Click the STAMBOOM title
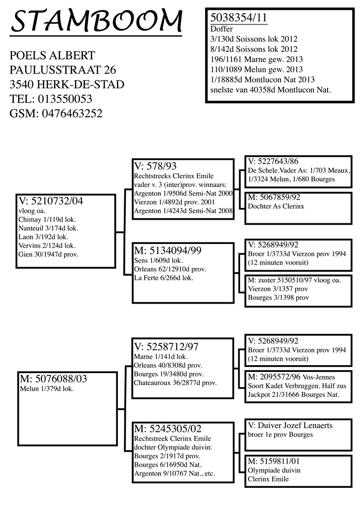coord(97,21)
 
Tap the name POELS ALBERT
coord(52,56)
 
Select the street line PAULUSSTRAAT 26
coord(63,70)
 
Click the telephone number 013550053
coord(65,99)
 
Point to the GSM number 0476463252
coord(72,113)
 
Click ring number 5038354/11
coord(239,18)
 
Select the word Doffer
coord(221,29)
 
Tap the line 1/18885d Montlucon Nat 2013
coord(262,79)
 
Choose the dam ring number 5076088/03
coord(61,378)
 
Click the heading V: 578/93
coord(155,166)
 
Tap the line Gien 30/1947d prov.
coord(48,254)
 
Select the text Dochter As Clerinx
coord(276,206)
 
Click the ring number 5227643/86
coord(278,161)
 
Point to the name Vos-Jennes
coord(319,377)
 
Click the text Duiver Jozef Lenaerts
coord(295,425)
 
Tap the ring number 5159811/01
coord(279,461)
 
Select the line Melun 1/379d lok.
coord(47,389)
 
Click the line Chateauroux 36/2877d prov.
coord(176,383)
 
